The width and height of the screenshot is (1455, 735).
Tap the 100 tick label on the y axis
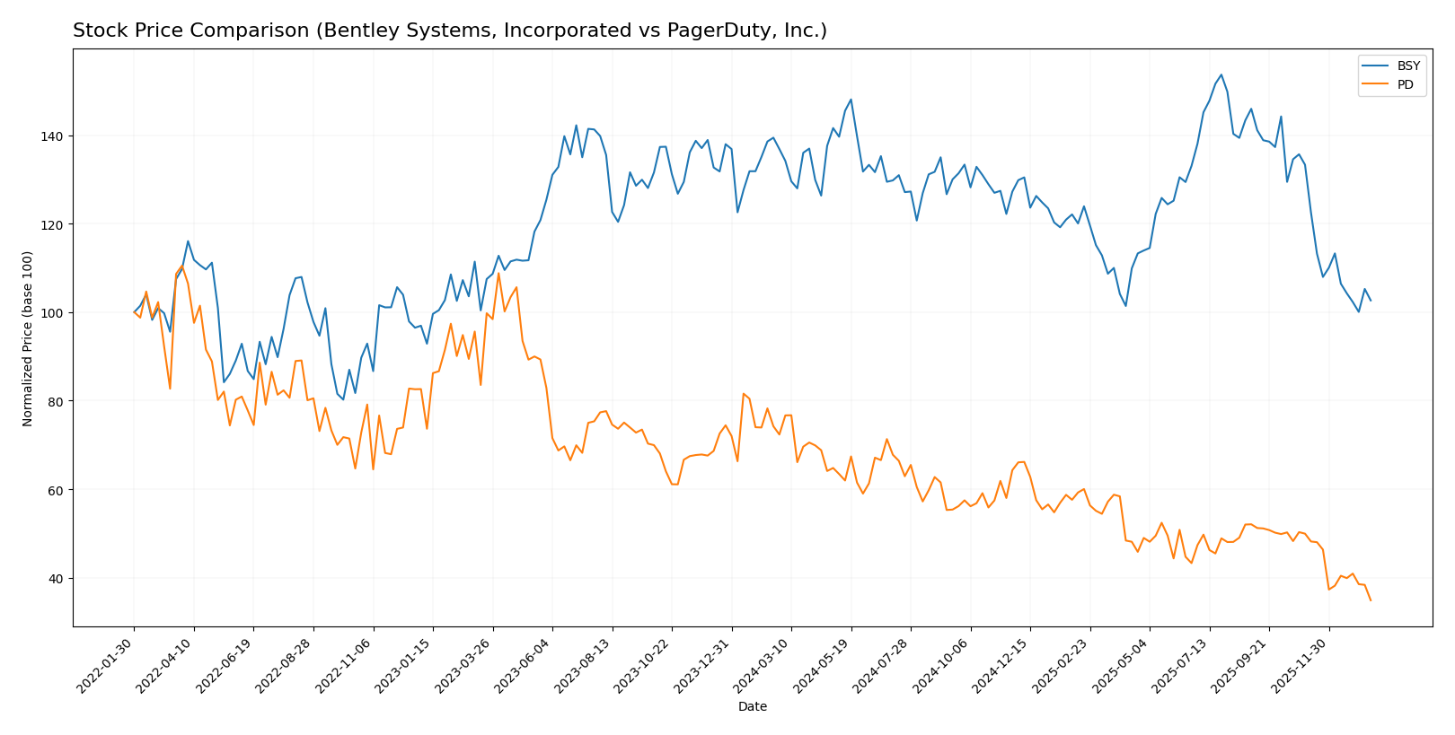point(54,313)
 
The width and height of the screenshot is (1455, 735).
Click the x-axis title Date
point(753,707)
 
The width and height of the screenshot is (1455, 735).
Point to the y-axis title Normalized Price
point(28,338)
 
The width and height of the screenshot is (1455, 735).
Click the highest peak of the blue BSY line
point(1221,74)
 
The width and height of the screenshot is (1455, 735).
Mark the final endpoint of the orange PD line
point(1371,600)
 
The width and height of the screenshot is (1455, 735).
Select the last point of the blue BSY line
point(1371,301)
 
